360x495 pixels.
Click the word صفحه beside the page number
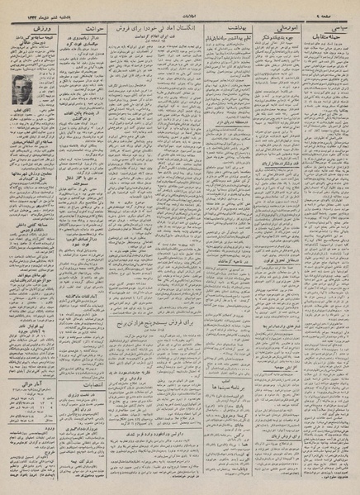click(x=339, y=11)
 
